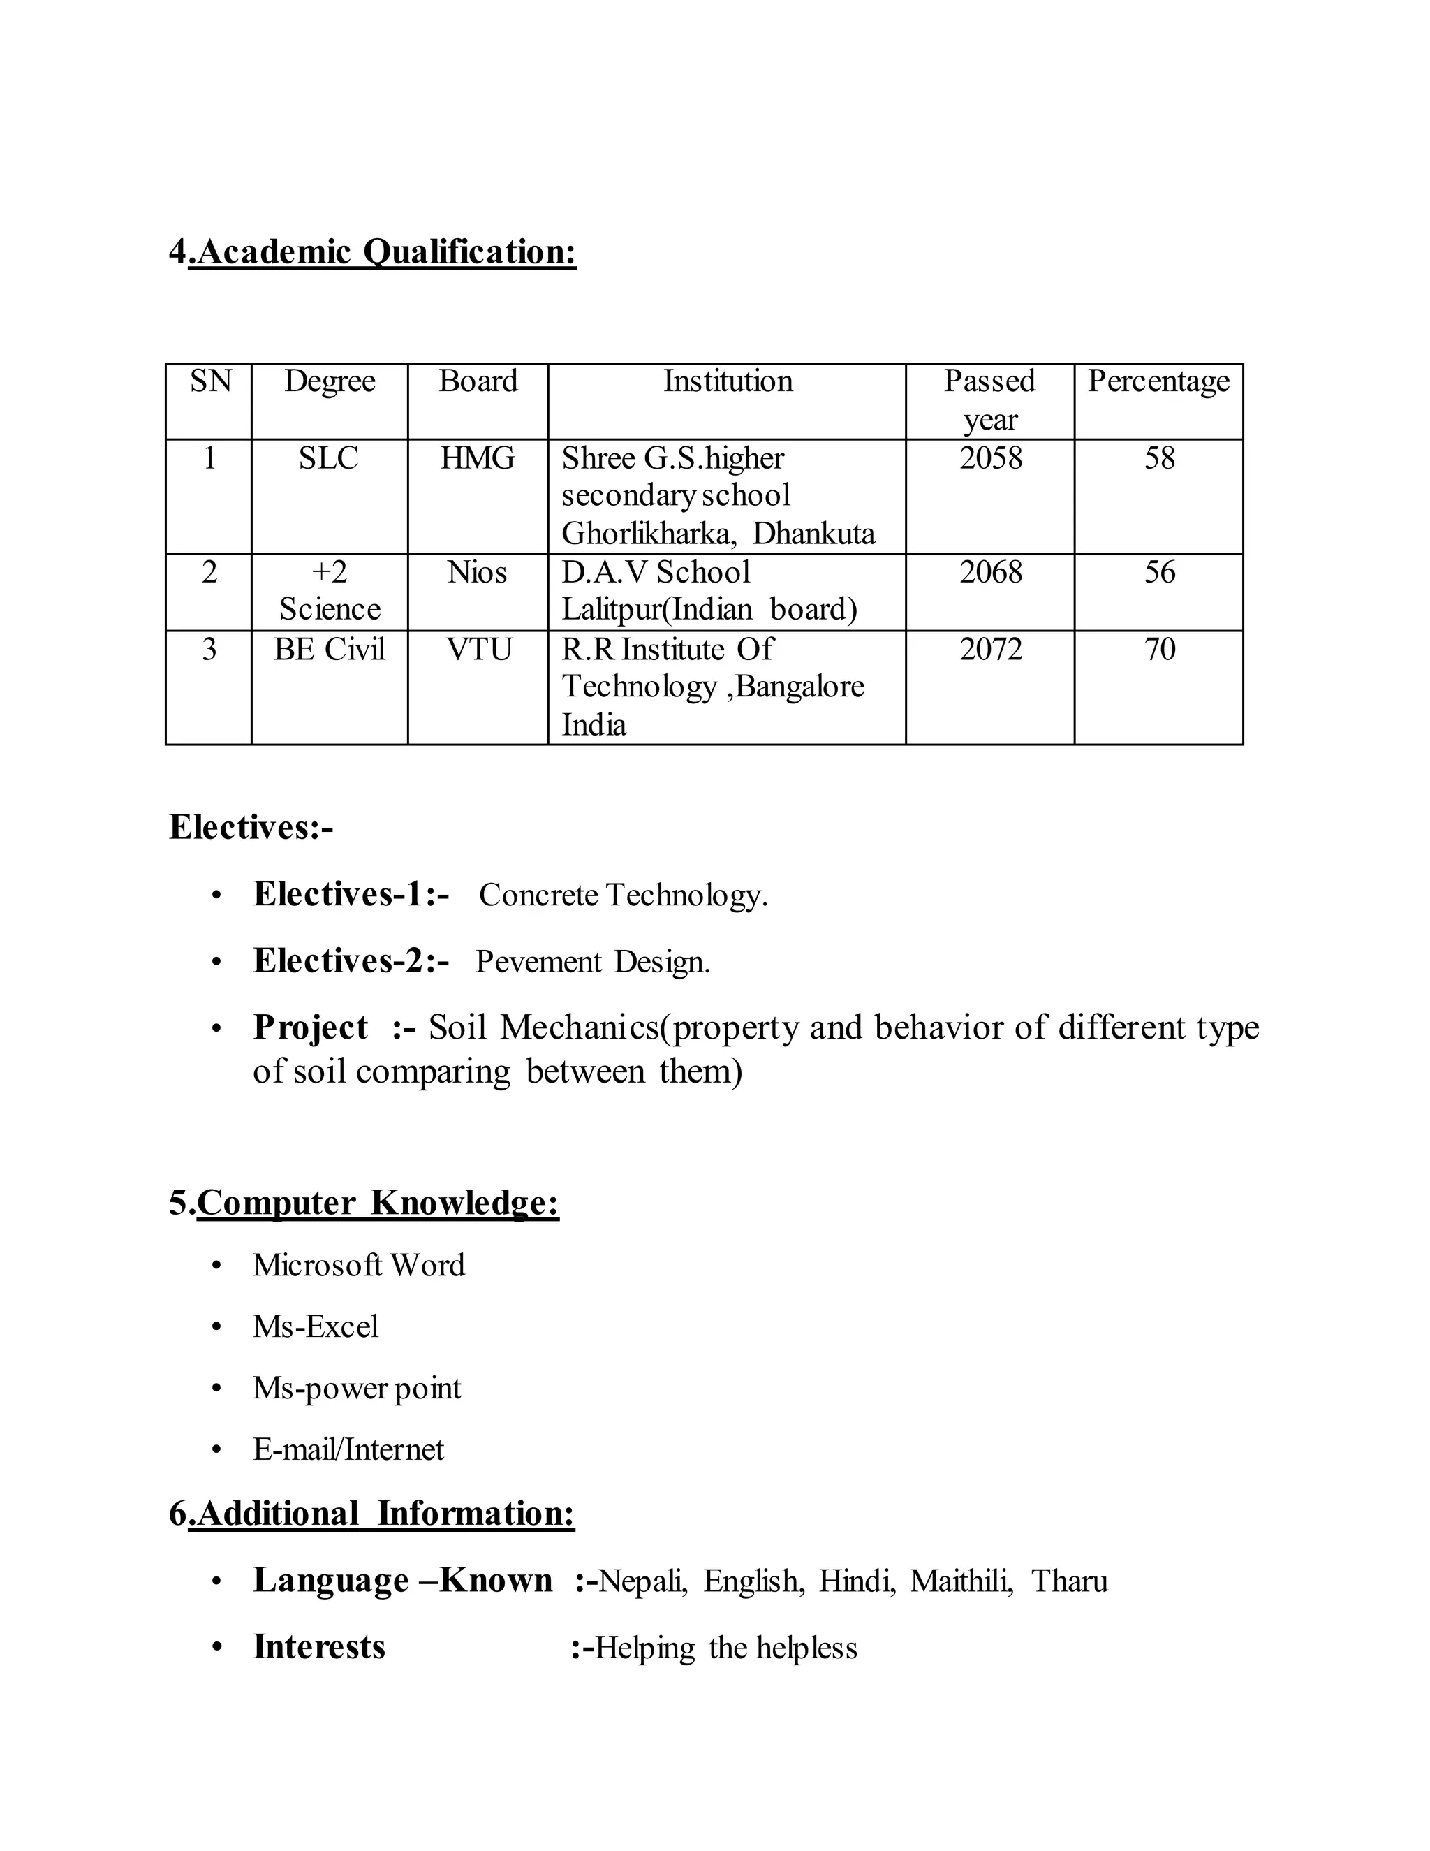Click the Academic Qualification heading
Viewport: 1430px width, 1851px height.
tap(373, 253)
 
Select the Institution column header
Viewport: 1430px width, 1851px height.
tap(728, 381)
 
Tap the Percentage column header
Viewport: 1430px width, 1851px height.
tap(1158, 381)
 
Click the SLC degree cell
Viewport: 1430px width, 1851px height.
tap(329, 458)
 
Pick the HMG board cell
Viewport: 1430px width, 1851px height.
tap(477, 458)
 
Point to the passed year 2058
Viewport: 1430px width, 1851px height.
tap(990, 458)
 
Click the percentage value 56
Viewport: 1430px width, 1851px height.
tap(1160, 572)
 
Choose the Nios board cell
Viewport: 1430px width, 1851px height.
tap(477, 572)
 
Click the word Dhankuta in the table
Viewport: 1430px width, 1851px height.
tap(813, 534)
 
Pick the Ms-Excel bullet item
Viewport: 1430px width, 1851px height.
tap(315, 1326)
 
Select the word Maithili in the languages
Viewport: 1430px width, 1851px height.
tap(961, 1581)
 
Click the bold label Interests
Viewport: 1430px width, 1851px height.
tap(319, 1648)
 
